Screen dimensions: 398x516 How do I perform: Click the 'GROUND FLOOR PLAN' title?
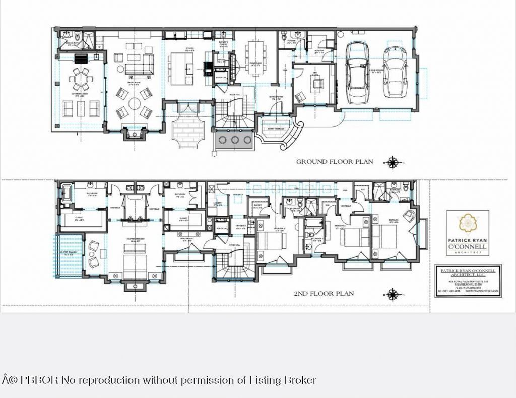pyautogui.click(x=335, y=162)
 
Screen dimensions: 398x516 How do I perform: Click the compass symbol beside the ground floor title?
pyautogui.click(x=392, y=162)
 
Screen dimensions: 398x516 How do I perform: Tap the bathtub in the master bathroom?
pyautogui.click(x=67, y=193)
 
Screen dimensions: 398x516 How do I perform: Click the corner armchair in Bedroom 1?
pyautogui.click(x=410, y=216)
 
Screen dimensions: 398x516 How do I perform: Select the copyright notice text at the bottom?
pyautogui.click(x=159, y=380)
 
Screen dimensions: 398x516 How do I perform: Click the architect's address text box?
pyautogui.click(x=468, y=280)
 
